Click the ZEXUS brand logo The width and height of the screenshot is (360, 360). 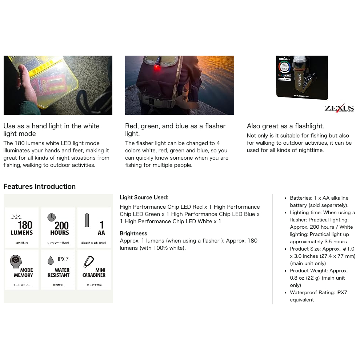pyautogui.click(x=339, y=108)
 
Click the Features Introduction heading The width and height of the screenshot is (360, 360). pyautogui.click(x=40, y=187)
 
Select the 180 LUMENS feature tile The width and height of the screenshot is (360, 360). pyautogui.click(x=21, y=227)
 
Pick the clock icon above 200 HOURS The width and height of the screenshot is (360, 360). pyautogui.click(x=52, y=217)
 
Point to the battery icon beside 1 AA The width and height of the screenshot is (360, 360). pyautogui.click(x=87, y=220)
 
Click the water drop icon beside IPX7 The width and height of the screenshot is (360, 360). pyautogui.click(x=51, y=260)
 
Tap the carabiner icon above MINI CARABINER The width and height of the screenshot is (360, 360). pyautogui.click(x=89, y=261)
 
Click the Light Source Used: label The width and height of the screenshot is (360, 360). pyautogui.click(x=144, y=197)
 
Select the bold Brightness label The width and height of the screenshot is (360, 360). pyautogui.click(x=133, y=233)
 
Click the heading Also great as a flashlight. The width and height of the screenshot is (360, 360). pyautogui.click(x=285, y=126)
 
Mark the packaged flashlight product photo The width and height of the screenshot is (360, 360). pyautogui.click(x=302, y=77)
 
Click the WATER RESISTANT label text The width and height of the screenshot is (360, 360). pyautogui.click(x=58, y=273)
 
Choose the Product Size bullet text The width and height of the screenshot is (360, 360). pyautogui.click(x=322, y=256)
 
